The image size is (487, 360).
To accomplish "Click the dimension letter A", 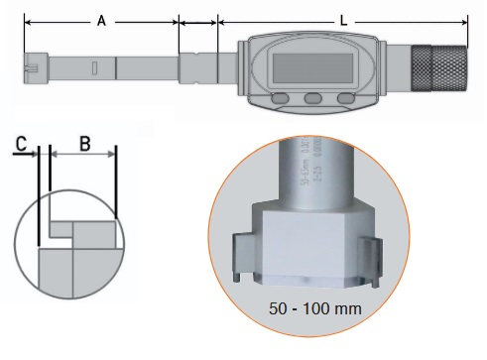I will (x=100, y=19).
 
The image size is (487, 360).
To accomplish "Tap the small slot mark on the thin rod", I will (x=94, y=69).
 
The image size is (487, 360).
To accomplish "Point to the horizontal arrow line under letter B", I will (x=82, y=155).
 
